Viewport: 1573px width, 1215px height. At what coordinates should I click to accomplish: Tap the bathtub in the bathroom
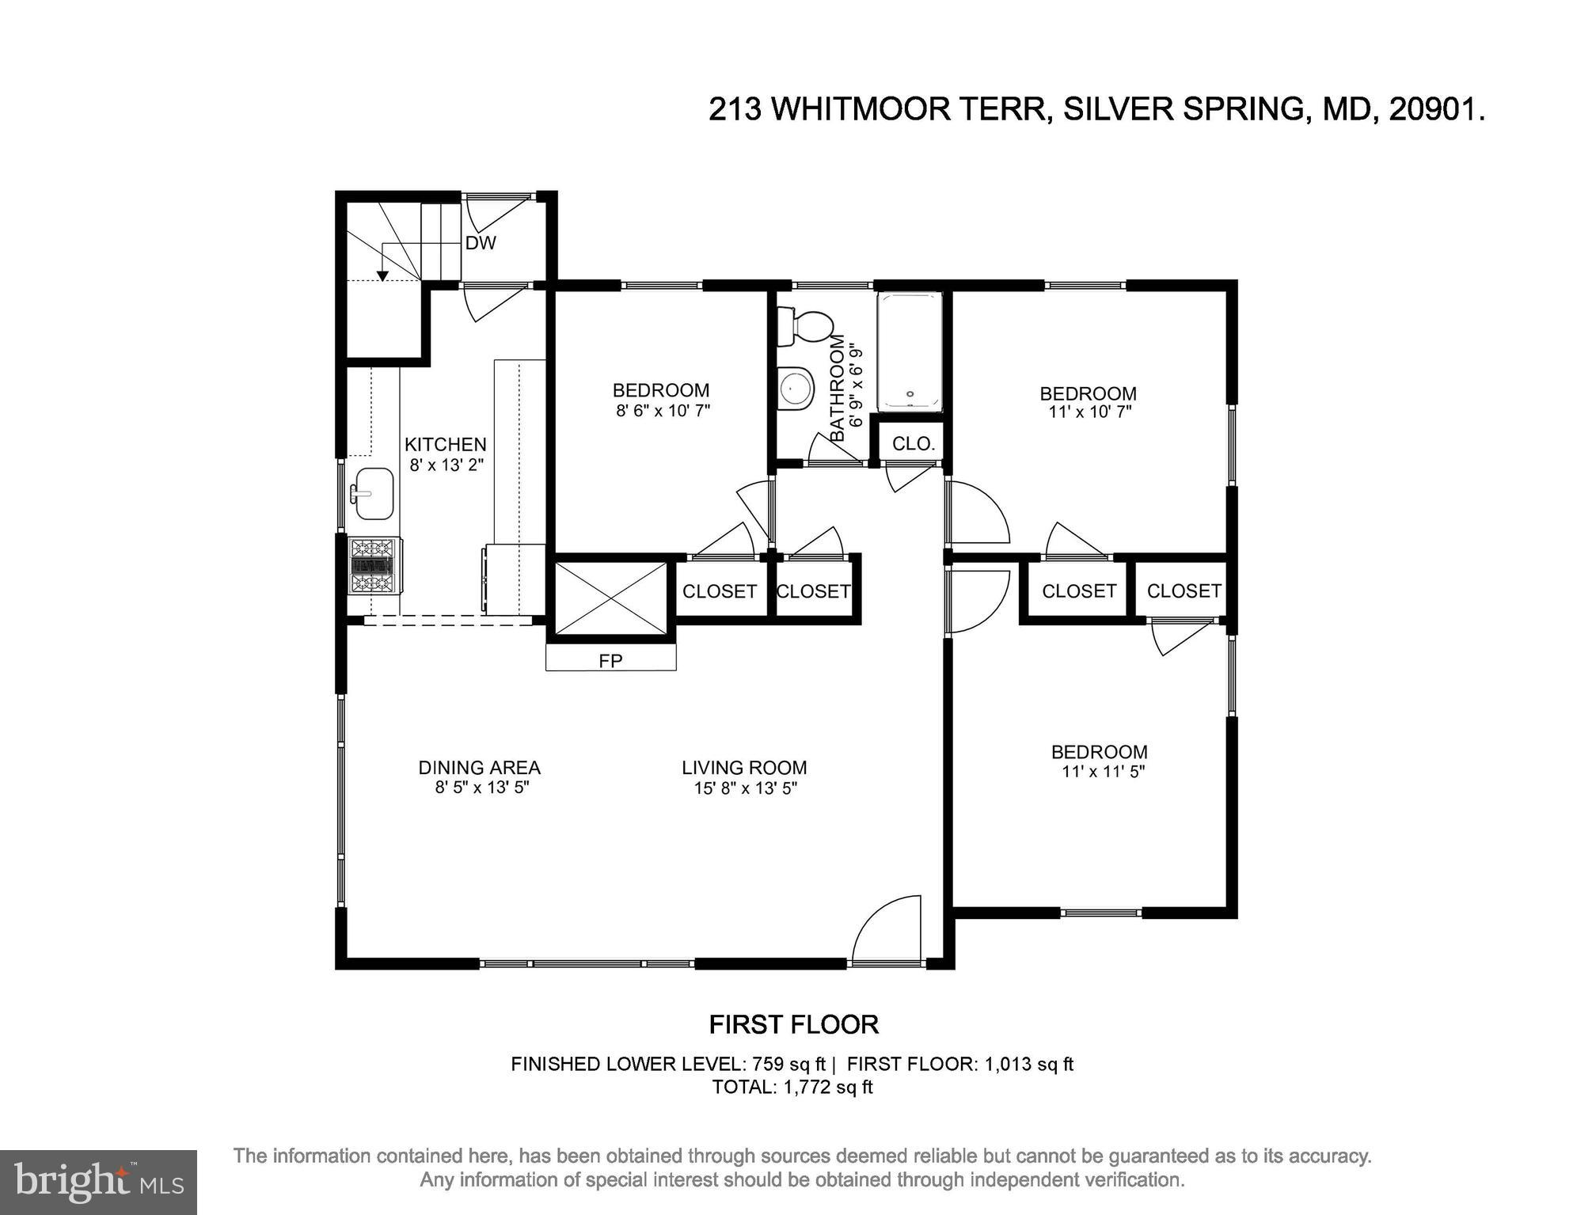(x=910, y=351)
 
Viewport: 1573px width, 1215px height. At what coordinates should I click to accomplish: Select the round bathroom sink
(x=796, y=389)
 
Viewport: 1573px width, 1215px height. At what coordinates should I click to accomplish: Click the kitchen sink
(x=374, y=493)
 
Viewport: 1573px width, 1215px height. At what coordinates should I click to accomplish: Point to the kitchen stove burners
(x=373, y=565)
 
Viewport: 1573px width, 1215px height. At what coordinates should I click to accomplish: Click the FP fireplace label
(x=610, y=660)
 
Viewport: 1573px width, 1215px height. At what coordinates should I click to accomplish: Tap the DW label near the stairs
(x=481, y=243)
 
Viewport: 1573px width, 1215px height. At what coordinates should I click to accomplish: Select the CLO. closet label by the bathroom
(x=913, y=444)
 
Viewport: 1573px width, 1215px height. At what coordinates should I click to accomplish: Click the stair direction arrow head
(x=382, y=275)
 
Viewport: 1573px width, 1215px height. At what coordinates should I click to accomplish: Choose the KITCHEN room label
(x=445, y=444)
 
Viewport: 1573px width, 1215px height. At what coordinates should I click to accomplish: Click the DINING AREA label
(x=479, y=767)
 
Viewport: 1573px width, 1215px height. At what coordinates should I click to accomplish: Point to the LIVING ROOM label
(x=744, y=767)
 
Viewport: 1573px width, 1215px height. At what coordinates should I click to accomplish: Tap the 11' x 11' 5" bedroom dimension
(x=1104, y=771)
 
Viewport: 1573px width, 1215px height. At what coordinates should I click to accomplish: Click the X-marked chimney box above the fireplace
(x=610, y=598)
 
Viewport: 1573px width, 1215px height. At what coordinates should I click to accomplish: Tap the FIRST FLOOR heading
(x=793, y=1024)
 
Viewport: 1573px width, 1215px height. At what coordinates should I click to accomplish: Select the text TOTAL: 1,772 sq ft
(x=792, y=1087)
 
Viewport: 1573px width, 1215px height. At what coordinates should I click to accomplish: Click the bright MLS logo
(x=98, y=1183)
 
